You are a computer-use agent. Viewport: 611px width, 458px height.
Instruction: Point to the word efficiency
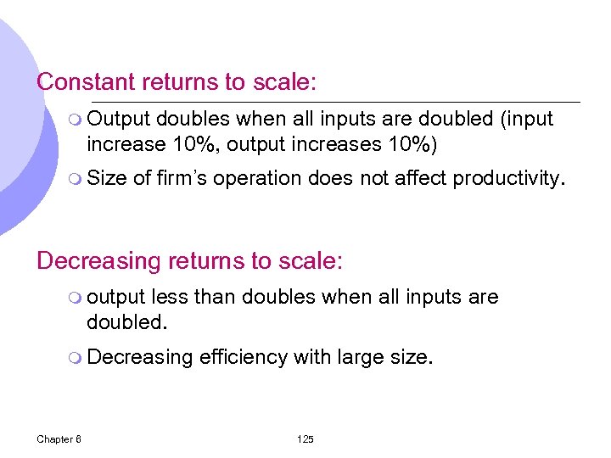tap(243, 358)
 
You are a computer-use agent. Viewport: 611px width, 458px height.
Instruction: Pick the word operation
tap(257, 179)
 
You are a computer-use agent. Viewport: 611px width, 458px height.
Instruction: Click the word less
tap(170, 298)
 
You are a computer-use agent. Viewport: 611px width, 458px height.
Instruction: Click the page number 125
tap(305, 438)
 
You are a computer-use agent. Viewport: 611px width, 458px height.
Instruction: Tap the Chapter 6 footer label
tap(59, 438)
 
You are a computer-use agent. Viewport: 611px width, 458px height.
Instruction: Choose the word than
tap(216, 298)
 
